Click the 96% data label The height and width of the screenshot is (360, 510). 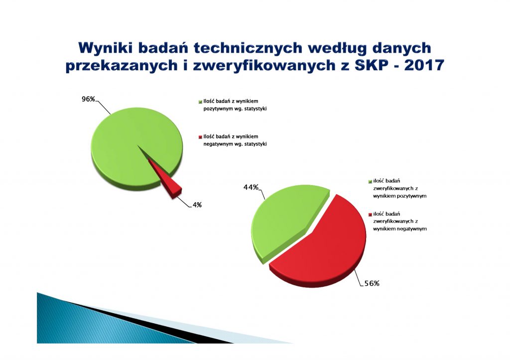point(88,99)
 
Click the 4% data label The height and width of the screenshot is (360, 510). point(197,205)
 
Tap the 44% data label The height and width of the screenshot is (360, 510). point(251,187)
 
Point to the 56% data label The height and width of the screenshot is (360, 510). point(372,283)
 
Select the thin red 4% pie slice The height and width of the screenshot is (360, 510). point(166,179)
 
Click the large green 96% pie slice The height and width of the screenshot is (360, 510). point(130,146)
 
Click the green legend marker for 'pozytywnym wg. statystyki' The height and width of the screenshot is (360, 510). point(200,102)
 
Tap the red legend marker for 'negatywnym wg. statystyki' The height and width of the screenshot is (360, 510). point(200,137)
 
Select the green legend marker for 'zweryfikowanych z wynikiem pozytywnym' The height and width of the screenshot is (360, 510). point(370,181)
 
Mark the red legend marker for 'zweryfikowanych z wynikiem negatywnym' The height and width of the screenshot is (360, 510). point(370,215)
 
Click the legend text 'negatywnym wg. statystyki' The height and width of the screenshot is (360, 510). point(235,144)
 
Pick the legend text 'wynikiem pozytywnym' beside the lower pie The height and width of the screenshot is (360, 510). point(400,196)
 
